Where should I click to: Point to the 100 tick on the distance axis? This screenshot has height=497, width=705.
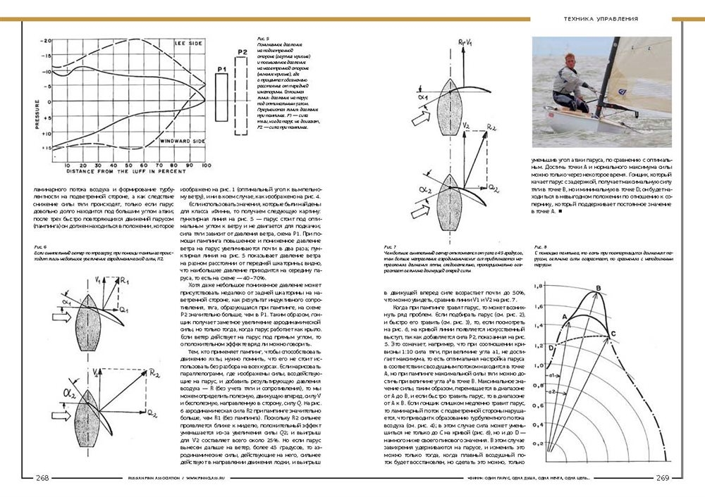pos(205,163)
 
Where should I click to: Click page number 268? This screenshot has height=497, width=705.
pos(42,478)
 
